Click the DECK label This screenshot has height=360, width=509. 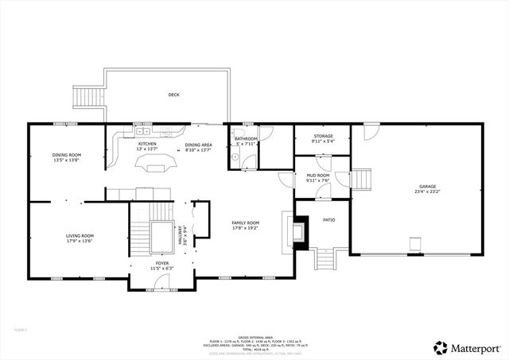point(173,95)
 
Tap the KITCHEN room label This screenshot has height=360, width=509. point(148,144)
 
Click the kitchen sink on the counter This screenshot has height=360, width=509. point(142,132)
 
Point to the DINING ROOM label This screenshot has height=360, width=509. point(66,155)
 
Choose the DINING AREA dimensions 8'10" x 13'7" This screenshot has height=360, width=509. point(197,149)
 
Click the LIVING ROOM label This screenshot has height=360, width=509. point(80,235)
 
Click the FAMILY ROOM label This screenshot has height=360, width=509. point(245,223)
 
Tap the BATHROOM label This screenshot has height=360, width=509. point(246,139)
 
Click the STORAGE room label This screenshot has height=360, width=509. point(323,136)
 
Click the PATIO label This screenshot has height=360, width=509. point(328,220)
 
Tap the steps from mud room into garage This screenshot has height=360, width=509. point(362,180)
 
